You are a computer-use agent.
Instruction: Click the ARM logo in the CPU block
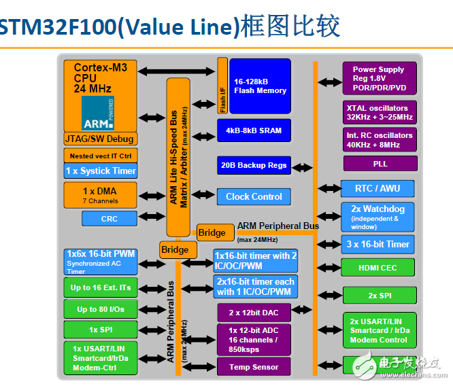pos(98,113)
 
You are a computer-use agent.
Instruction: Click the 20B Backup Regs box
pos(254,164)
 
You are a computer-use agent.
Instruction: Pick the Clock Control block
pos(254,196)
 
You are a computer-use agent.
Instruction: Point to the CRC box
pos(109,218)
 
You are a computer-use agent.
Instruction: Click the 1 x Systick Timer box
pos(100,171)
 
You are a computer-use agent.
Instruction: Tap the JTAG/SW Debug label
pos(100,139)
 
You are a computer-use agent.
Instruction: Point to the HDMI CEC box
pos(377,268)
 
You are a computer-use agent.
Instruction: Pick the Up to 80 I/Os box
pos(100,309)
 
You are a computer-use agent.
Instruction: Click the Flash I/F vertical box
pos(222,86)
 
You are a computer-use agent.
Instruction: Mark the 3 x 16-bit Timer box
pos(377,244)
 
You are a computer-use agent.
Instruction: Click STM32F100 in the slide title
pos(58,27)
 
